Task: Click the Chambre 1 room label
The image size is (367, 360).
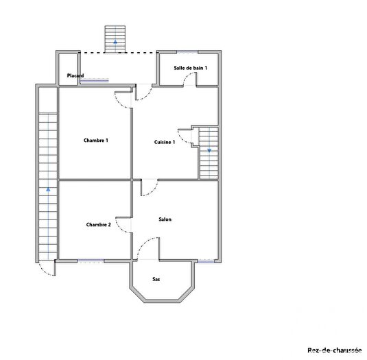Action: point(96,141)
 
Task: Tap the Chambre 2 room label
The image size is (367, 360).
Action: point(99,224)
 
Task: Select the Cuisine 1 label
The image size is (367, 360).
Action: point(165,142)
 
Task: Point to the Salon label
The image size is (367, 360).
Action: point(165,219)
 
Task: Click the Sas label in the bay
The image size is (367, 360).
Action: point(156,279)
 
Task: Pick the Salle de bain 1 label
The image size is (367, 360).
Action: point(191,68)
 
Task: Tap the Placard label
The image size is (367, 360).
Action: point(75,75)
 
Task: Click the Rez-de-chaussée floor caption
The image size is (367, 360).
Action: point(334,350)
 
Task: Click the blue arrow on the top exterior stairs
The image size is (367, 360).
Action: point(115,42)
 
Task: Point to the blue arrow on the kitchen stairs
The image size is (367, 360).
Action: point(209,149)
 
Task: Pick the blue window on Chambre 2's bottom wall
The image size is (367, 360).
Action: point(91,261)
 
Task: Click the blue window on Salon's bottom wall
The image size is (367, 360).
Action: point(206,261)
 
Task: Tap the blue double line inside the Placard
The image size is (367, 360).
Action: point(94,81)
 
